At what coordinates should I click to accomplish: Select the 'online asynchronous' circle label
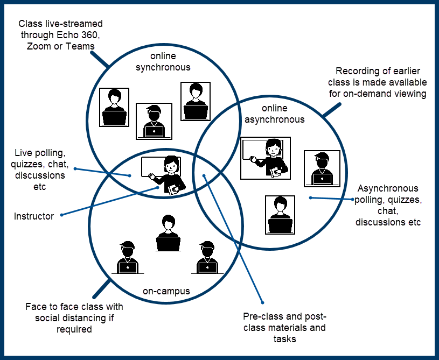(275, 114)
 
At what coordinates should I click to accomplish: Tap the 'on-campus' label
(166, 291)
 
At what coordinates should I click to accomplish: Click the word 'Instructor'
(34, 216)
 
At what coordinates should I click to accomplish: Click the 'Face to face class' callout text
(74, 317)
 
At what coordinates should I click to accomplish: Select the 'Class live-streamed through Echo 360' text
(60, 35)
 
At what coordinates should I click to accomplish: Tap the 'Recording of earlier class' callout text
(381, 82)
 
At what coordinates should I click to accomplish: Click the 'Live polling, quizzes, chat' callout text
(40, 170)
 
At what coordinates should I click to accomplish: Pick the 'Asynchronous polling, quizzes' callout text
(388, 205)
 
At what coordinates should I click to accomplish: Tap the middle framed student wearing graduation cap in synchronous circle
(154, 121)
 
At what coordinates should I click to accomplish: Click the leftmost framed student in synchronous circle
(114, 107)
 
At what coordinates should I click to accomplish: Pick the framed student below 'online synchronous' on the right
(195, 101)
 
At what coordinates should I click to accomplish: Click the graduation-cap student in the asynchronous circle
(322, 168)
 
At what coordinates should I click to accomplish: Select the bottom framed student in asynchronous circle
(280, 214)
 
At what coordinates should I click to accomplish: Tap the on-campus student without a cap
(168, 233)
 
